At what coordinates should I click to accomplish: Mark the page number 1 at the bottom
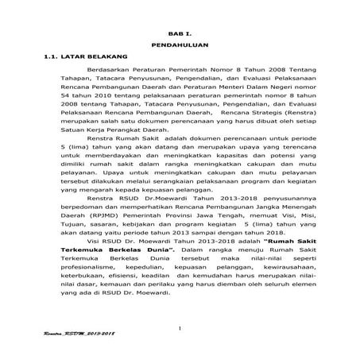[180, 329]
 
